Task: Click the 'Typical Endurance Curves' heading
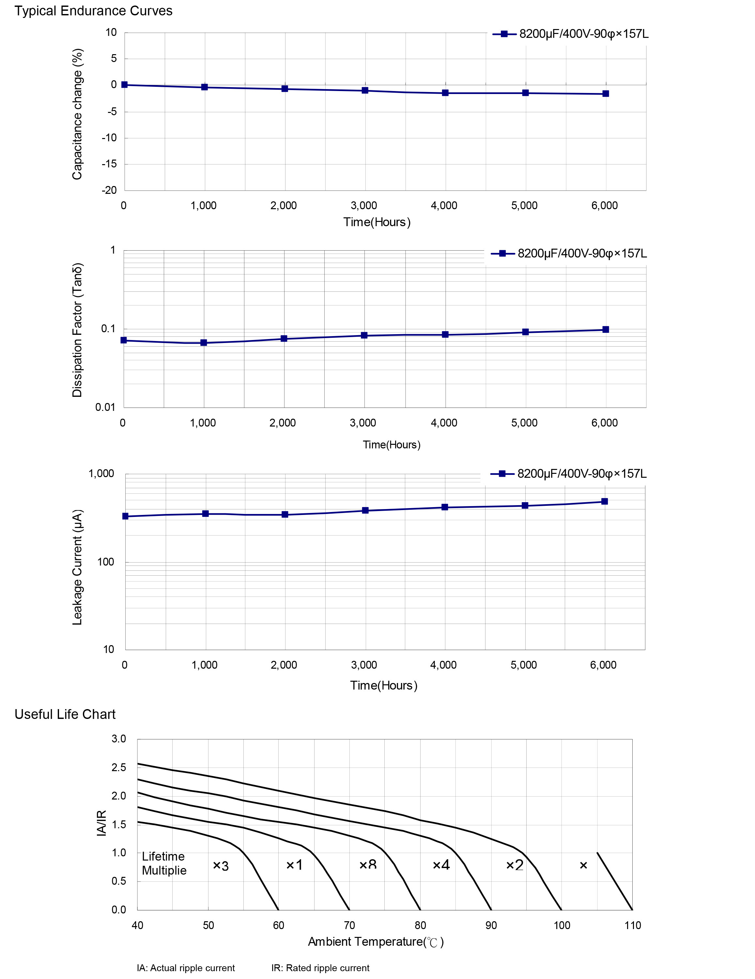point(93,11)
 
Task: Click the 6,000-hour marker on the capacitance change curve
point(605,94)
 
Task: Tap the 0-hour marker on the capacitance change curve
point(125,85)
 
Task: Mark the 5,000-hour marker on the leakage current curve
point(525,505)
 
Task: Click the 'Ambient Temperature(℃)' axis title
point(376,942)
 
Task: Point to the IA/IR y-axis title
point(102,823)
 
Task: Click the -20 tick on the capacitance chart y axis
point(109,190)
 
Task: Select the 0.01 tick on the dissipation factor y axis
point(105,407)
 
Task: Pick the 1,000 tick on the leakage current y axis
point(101,474)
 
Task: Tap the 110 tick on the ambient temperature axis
point(633,925)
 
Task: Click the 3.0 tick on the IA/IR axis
point(119,739)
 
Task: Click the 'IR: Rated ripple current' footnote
point(320,968)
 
